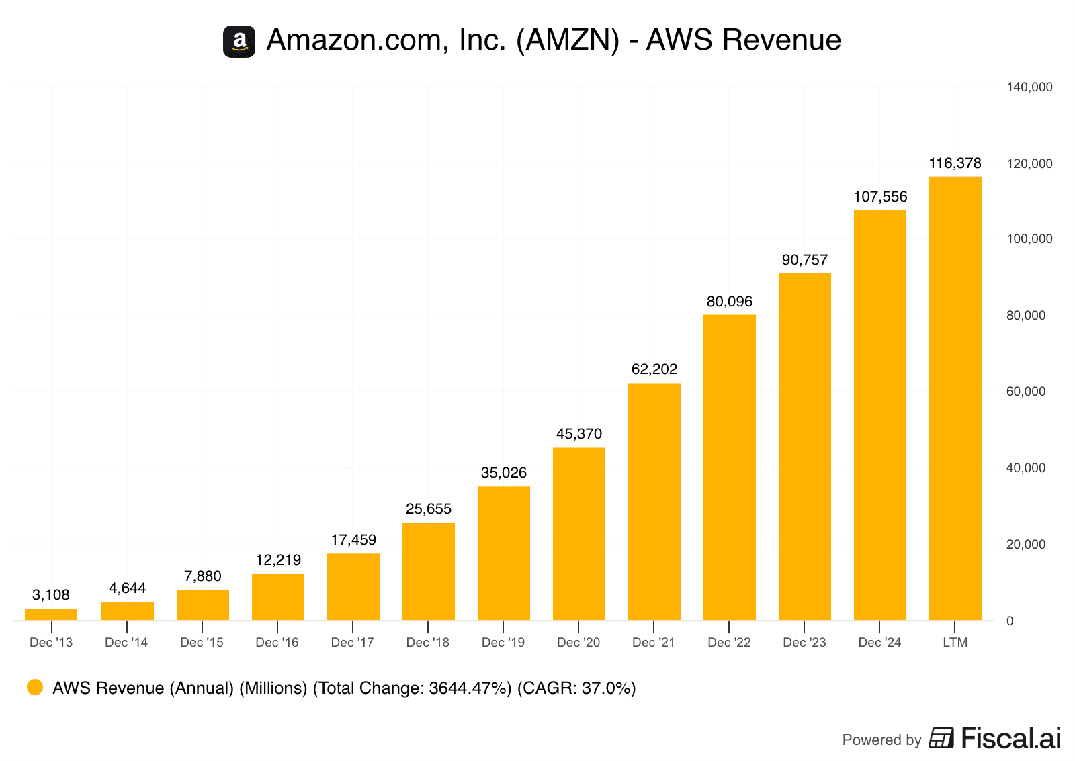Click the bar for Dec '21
pyautogui.click(x=654, y=501)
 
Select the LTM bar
pyautogui.click(x=955, y=398)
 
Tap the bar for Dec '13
pyautogui.click(x=51, y=614)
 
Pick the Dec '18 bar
pyautogui.click(x=428, y=571)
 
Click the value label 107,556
pyautogui.click(x=880, y=197)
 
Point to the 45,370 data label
pyautogui.click(x=578, y=434)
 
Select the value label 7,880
pyautogui.click(x=202, y=576)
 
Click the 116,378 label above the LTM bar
pyautogui.click(x=955, y=163)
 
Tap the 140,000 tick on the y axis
pyautogui.click(x=1029, y=87)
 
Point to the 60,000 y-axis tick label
pyautogui.click(x=1025, y=392)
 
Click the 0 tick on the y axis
pyautogui.click(x=1009, y=621)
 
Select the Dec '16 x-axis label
pyautogui.click(x=277, y=643)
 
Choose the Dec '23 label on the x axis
pyautogui.click(x=804, y=643)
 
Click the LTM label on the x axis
pyautogui.click(x=955, y=643)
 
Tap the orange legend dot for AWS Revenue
pyautogui.click(x=35, y=687)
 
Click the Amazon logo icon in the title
pyautogui.click(x=239, y=42)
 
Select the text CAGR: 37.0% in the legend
pyautogui.click(x=576, y=688)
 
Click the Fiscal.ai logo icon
pyautogui.click(x=941, y=737)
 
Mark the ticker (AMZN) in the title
pyautogui.click(x=567, y=40)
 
